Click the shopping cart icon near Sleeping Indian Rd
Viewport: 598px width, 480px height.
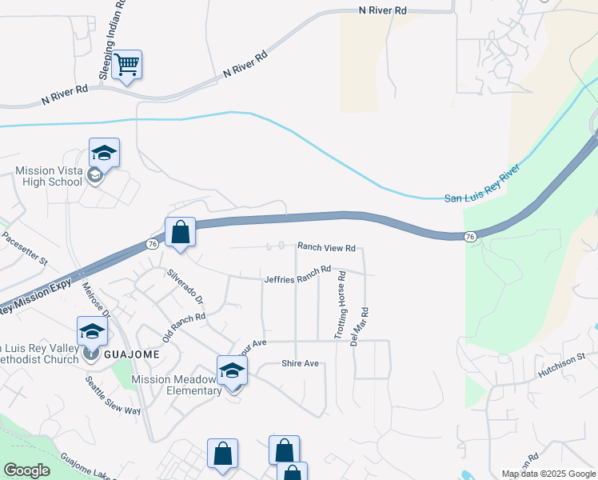(x=126, y=65)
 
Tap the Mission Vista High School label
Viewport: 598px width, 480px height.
(x=48, y=176)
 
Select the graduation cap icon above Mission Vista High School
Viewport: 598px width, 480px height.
(x=104, y=152)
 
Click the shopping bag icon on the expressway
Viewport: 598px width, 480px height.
(x=181, y=233)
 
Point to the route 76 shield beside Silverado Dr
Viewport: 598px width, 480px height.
(x=152, y=243)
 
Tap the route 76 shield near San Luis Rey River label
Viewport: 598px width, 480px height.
(x=470, y=236)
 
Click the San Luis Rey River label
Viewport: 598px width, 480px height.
(x=482, y=183)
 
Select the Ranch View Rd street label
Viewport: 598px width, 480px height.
(x=326, y=248)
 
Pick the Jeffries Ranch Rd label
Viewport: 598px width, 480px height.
(x=297, y=274)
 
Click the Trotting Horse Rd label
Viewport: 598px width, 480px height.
(x=341, y=303)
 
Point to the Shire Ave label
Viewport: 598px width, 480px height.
(x=300, y=364)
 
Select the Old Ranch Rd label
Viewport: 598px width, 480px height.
(x=184, y=327)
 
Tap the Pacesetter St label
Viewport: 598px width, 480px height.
(x=25, y=249)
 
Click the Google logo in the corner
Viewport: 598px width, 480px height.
(x=26, y=470)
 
